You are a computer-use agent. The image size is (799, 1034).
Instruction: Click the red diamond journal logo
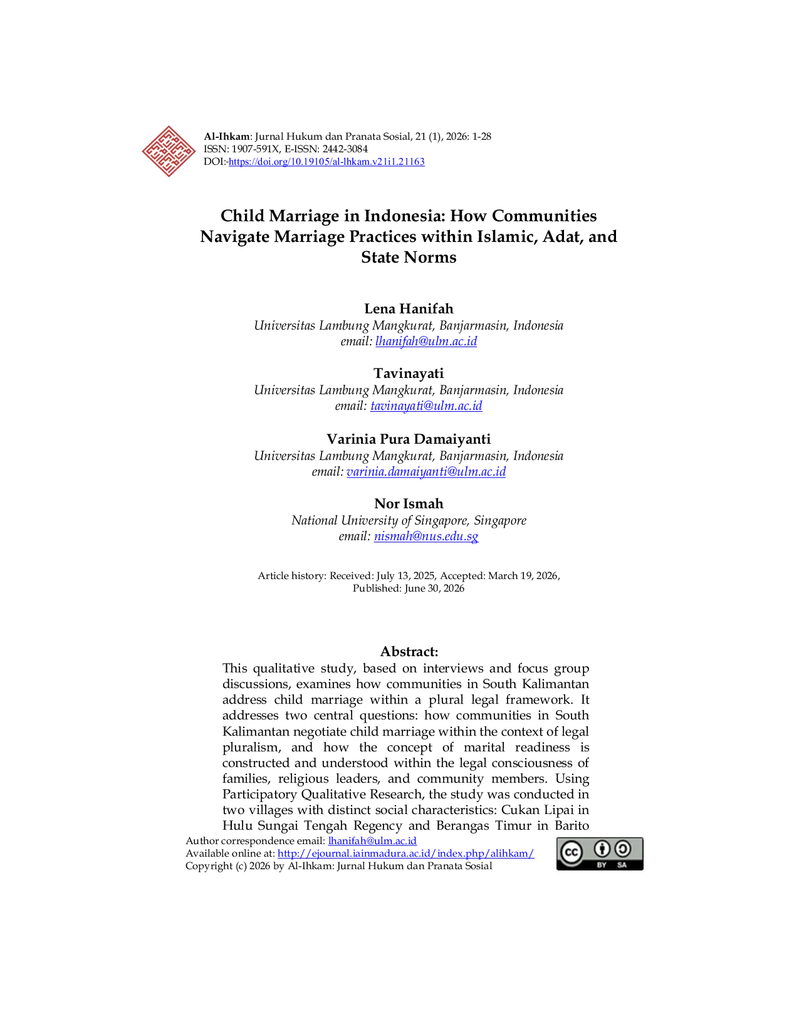click(x=169, y=151)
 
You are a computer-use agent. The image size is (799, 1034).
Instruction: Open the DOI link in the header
click(x=326, y=162)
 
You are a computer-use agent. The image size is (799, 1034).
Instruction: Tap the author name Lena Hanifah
click(x=409, y=309)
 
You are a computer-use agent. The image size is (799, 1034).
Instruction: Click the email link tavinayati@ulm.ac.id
click(x=426, y=405)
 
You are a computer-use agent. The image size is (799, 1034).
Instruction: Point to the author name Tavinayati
click(x=409, y=373)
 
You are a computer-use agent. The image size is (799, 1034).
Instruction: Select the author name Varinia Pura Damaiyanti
click(x=409, y=439)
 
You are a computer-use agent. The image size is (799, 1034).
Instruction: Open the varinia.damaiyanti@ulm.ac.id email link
click(x=426, y=471)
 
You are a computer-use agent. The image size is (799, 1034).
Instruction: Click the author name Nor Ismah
click(x=409, y=503)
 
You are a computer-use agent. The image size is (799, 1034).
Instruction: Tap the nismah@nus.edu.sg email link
click(x=426, y=536)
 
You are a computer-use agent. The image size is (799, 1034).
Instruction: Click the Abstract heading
click(x=409, y=652)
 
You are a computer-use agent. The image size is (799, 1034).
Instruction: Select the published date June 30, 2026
click(x=434, y=588)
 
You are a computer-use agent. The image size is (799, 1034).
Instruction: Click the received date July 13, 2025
click(x=405, y=576)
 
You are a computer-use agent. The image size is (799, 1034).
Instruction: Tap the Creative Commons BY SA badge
click(x=600, y=854)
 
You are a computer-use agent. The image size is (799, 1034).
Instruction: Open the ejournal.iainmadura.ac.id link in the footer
click(x=406, y=853)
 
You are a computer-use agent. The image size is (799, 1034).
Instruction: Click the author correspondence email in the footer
click(x=373, y=841)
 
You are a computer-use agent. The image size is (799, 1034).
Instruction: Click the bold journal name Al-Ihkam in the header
click(x=226, y=137)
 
